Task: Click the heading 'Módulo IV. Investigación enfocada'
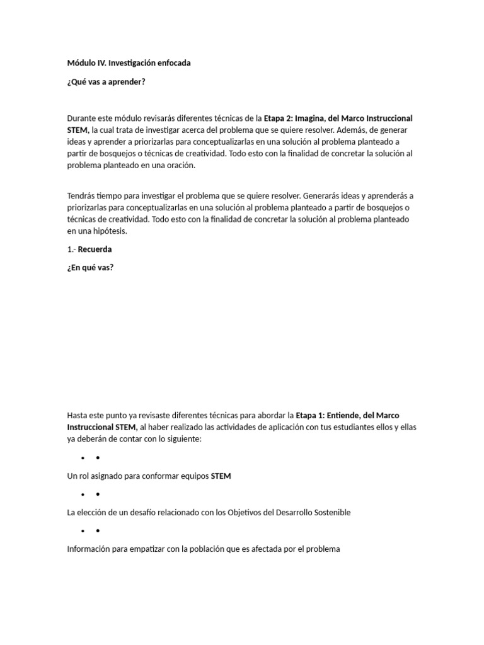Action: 129,63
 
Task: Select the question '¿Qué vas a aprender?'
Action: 107,81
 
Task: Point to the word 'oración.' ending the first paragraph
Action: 180,165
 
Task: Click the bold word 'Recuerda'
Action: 95,249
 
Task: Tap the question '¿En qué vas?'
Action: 91,267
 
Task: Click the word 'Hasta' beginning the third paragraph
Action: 78,415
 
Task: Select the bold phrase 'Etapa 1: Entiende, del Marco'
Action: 348,415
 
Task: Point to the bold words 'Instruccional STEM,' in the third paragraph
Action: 103,427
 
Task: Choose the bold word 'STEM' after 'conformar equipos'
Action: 221,476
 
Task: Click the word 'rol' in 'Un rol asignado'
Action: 84,476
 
